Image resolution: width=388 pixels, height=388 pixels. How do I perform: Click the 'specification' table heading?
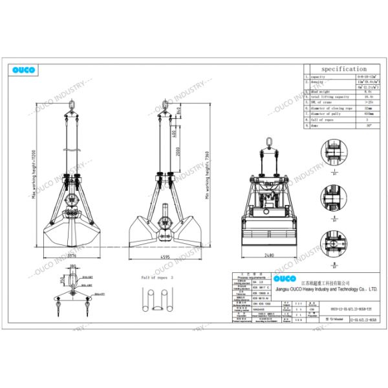343,69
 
